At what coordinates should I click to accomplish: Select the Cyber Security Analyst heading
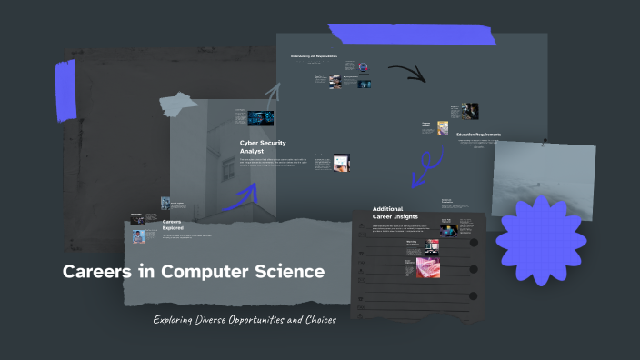(x=263, y=146)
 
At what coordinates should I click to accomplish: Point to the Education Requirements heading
(x=492, y=135)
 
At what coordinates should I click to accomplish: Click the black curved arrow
(x=407, y=72)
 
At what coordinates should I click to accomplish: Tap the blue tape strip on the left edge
(x=65, y=91)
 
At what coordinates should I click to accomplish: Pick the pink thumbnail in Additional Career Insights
(x=427, y=267)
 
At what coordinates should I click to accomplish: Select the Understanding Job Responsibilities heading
(x=314, y=56)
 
